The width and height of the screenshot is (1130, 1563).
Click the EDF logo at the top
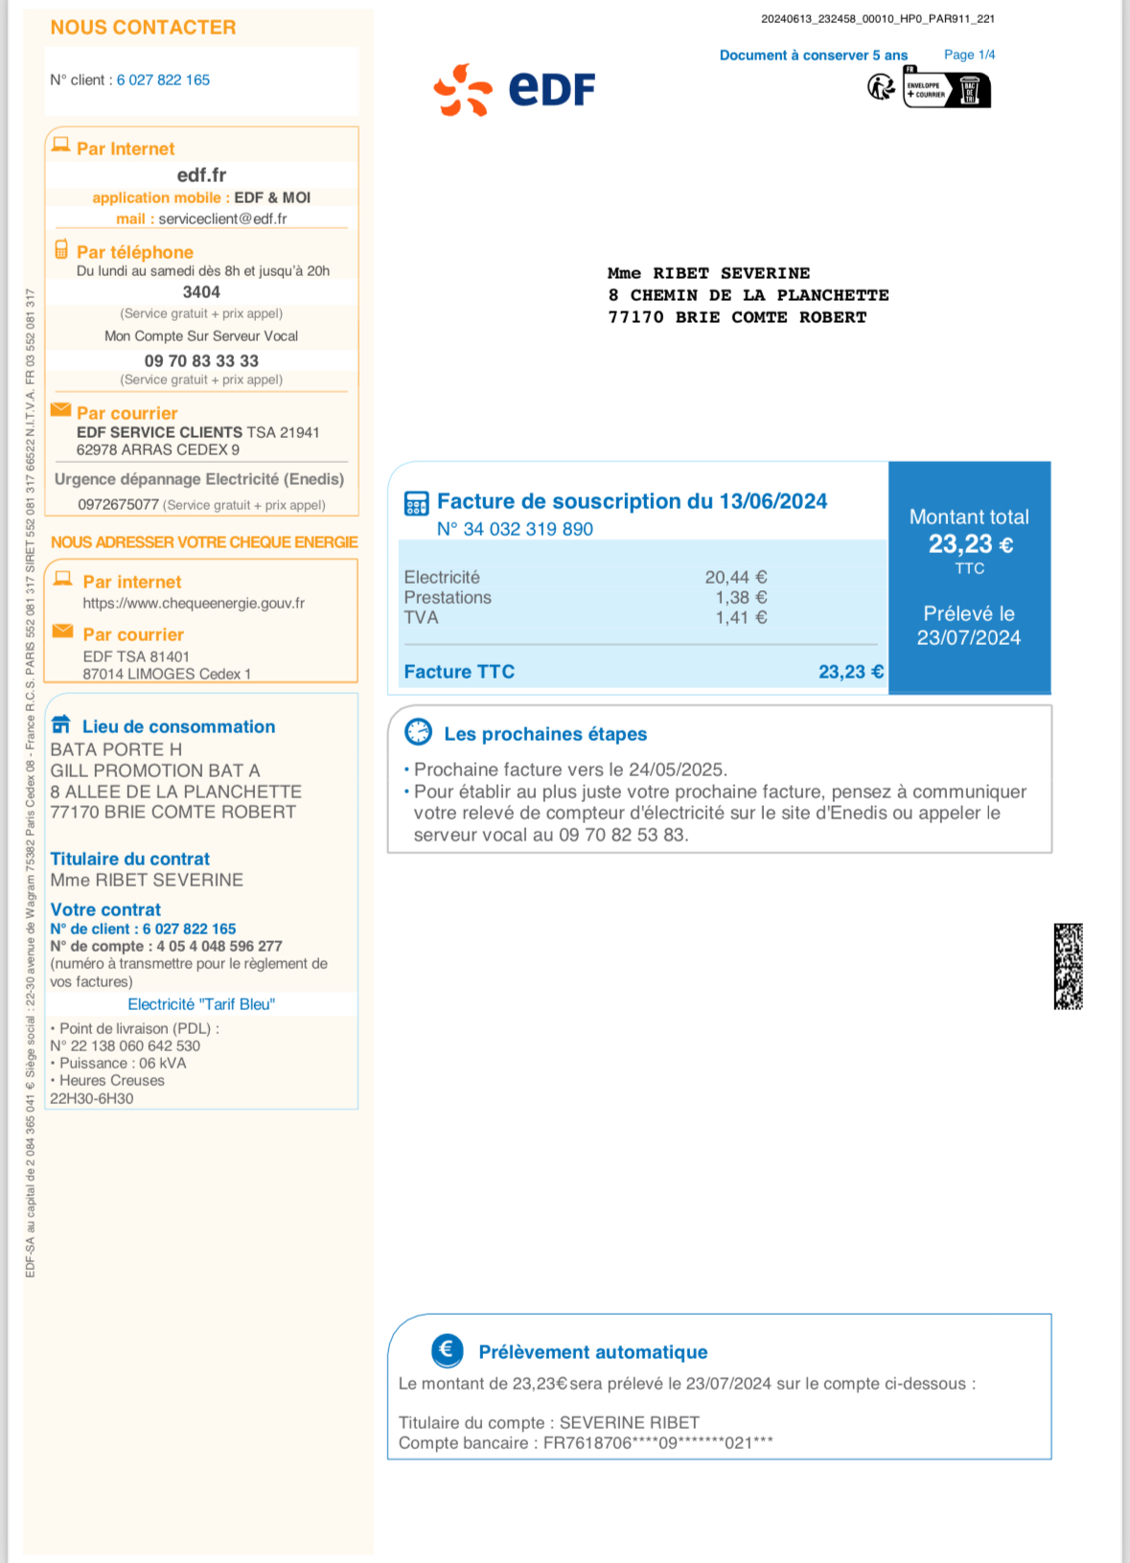pyautogui.click(x=515, y=90)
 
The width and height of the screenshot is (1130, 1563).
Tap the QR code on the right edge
pyautogui.click(x=1068, y=966)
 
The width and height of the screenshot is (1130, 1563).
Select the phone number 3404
pyautogui.click(x=201, y=292)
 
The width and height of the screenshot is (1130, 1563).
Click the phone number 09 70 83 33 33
pyautogui.click(x=201, y=361)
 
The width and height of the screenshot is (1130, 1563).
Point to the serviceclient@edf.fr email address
pyautogui.click(x=222, y=218)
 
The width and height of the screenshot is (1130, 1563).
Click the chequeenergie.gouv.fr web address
pyautogui.click(x=194, y=603)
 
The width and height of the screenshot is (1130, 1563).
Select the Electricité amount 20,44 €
pyautogui.click(x=735, y=577)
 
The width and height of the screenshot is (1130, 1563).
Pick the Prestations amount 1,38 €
pyautogui.click(x=741, y=597)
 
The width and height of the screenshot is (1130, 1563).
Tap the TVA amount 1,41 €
pyautogui.click(x=741, y=617)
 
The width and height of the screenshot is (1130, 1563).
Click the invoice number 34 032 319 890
pyautogui.click(x=527, y=529)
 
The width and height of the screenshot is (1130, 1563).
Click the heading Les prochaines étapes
pyautogui.click(x=545, y=734)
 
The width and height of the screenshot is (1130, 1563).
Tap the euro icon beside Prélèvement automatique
pyautogui.click(x=447, y=1350)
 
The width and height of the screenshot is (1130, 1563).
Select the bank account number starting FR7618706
pyautogui.click(x=657, y=1443)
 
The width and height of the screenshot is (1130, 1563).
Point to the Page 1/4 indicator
pyautogui.click(x=969, y=55)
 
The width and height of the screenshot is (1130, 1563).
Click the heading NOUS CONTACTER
pyautogui.click(x=143, y=28)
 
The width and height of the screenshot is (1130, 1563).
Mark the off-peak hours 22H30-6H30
pyautogui.click(x=92, y=1098)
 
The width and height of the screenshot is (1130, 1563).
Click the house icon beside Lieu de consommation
pyautogui.click(x=61, y=724)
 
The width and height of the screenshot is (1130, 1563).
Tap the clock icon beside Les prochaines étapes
pyautogui.click(x=419, y=732)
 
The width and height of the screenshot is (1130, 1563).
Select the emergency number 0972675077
pyautogui.click(x=118, y=504)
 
